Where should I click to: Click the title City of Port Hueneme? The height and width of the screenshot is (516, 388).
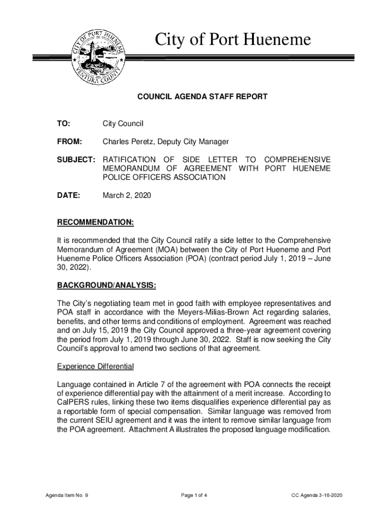tap(233, 40)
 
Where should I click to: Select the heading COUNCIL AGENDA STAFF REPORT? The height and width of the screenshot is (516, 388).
tap(202, 96)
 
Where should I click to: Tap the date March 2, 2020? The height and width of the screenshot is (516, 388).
tap(126, 195)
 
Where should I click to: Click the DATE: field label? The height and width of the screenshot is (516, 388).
tap(69, 195)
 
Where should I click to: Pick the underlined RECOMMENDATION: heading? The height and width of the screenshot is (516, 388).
tap(95, 222)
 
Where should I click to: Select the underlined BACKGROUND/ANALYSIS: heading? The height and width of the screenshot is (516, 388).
tap(106, 286)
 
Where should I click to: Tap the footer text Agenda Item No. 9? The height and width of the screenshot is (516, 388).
tap(67, 495)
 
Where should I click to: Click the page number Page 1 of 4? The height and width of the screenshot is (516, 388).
tap(194, 495)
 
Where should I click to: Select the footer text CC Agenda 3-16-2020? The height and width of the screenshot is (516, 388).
tap(317, 495)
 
